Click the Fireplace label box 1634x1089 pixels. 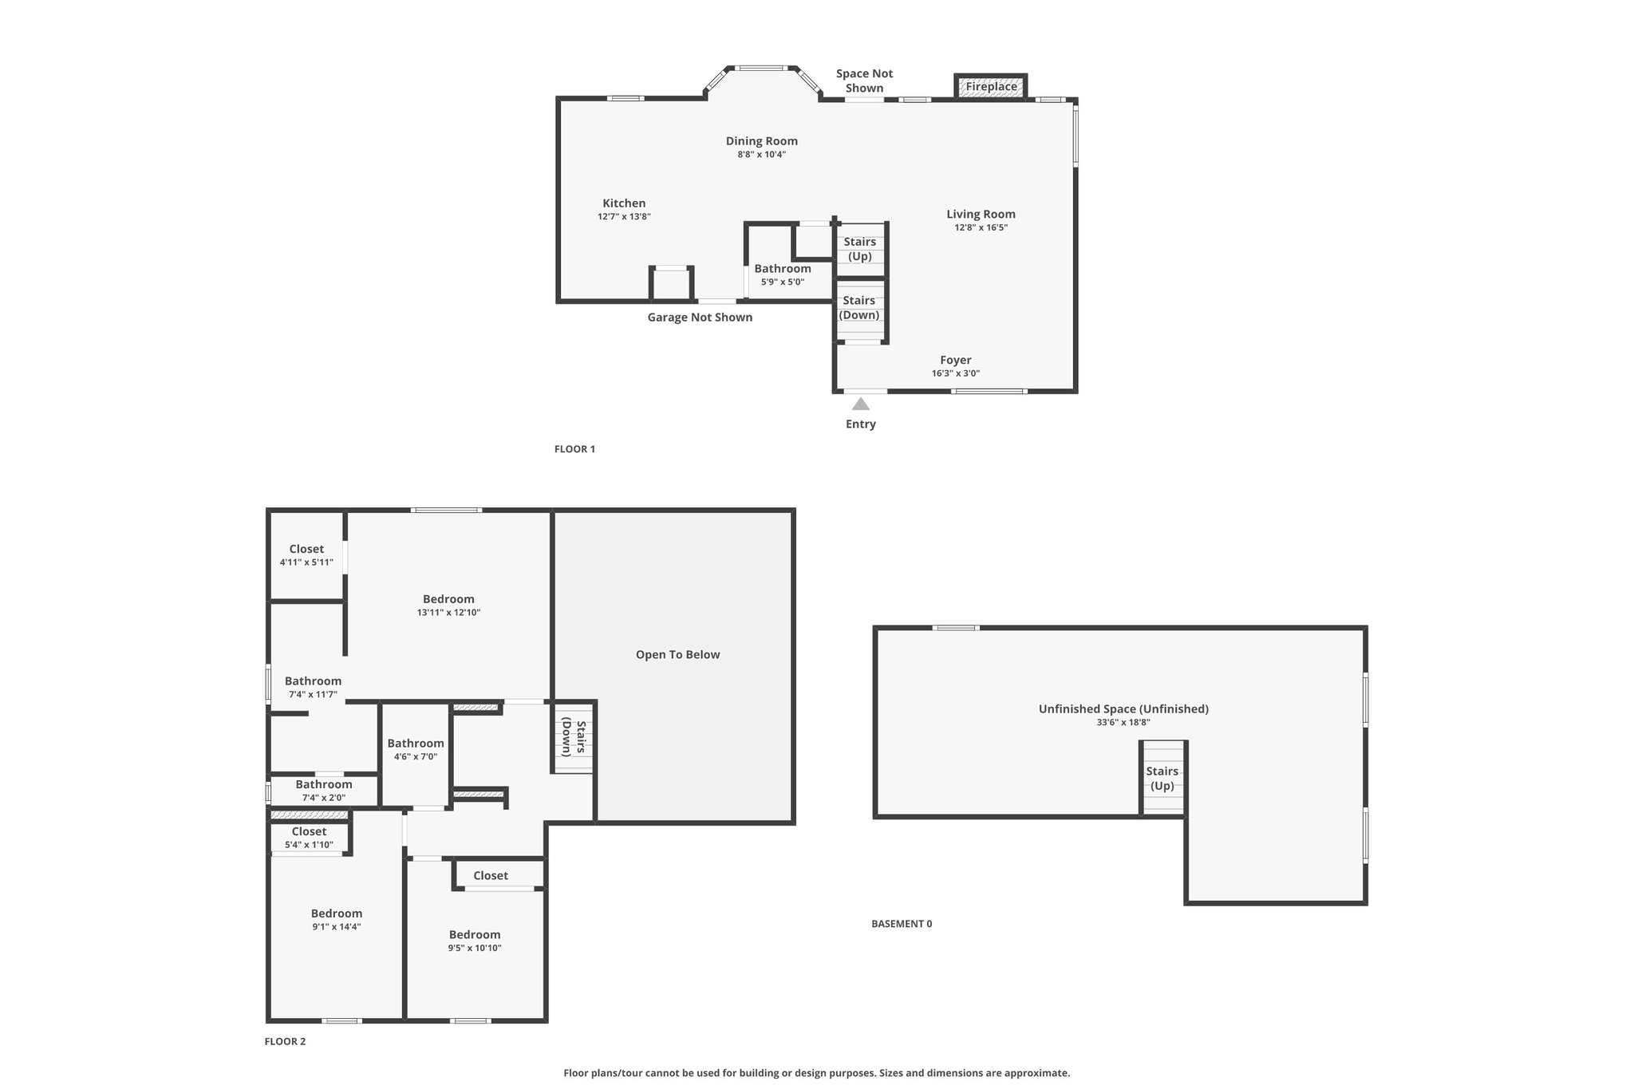991,86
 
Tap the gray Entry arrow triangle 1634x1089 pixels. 860,404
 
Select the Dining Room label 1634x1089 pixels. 762,141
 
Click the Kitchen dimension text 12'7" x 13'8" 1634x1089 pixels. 624,216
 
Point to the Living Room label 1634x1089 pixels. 981,214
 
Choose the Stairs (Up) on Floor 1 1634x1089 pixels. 860,249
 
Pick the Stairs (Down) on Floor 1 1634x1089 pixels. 859,307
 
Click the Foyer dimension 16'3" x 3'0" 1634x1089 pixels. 956,373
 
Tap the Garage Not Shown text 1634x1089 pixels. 700,318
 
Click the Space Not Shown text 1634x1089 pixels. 864,81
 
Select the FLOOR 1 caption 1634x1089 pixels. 574,449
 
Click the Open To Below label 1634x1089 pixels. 677,655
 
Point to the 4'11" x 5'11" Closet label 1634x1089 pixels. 306,555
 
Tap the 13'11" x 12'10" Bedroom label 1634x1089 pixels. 448,606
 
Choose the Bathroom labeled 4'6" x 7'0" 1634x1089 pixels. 416,750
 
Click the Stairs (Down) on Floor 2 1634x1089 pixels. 574,738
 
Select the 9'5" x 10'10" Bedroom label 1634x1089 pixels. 475,941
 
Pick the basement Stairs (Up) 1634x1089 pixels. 1162,779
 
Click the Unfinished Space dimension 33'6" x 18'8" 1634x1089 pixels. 1123,723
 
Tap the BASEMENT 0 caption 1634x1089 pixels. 902,924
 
